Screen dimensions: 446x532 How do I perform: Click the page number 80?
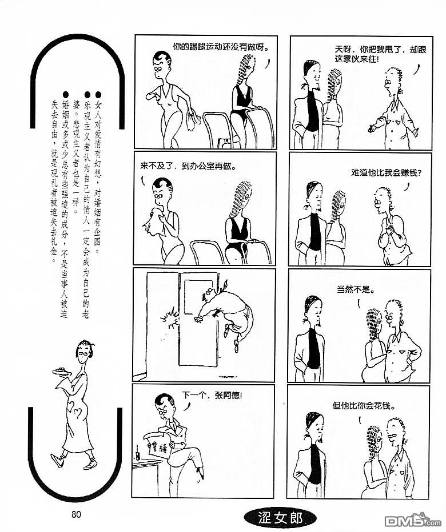click(x=77, y=514)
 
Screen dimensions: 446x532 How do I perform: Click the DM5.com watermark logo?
click(x=413, y=523)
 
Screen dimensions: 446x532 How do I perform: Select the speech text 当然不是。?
click(x=356, y=290)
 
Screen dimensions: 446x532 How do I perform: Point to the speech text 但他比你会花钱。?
click(x=364, y=405)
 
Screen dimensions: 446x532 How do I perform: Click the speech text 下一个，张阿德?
click(x=212, y=395)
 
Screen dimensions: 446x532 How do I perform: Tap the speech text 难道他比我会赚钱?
click(x=387, y=173)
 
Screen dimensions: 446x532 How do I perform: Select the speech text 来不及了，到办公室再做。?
click(x=188, y=166)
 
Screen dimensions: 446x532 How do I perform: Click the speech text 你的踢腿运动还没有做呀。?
click(x=221, y=46)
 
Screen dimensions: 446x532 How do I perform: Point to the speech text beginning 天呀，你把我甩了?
click(x=380, y=54)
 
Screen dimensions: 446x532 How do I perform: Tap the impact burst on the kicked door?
click(x=170, y=319)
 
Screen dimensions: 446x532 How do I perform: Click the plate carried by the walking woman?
click(x=62, y=372)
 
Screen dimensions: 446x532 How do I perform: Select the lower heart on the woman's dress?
click(x=78, y=413)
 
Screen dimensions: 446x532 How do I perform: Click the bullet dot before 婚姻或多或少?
click(x=66, y=94)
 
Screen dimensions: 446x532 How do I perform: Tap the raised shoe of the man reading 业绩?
click(x=200, y=473)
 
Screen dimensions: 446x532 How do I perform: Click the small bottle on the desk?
click(x=138, y=454)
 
